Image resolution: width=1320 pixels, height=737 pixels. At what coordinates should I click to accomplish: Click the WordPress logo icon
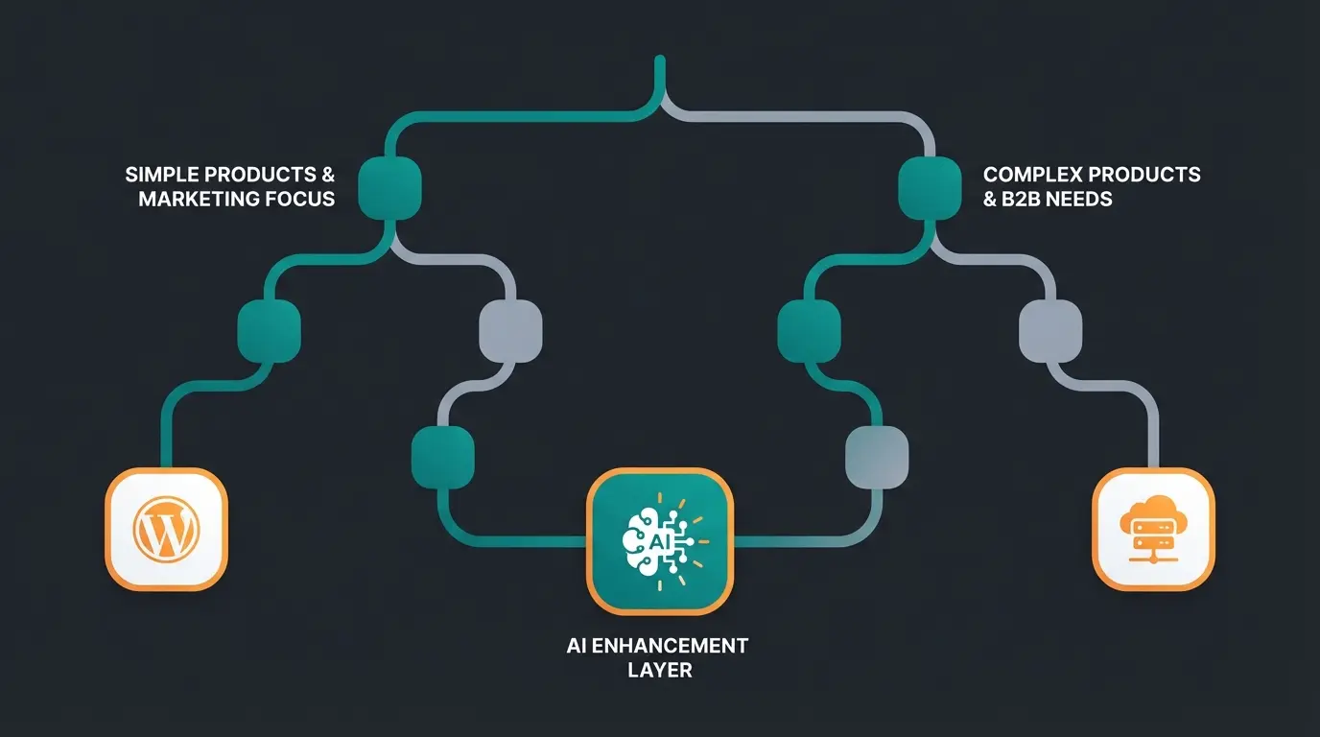coord(166,529)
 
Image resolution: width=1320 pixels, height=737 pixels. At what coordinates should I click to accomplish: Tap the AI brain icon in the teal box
coord(659,540)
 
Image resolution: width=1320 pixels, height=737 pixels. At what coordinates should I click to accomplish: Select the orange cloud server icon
coord(1153,529)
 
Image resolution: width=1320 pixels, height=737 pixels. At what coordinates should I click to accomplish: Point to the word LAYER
coord(659,670)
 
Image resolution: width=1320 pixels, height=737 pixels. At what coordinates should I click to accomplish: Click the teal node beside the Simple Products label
coord(390,187)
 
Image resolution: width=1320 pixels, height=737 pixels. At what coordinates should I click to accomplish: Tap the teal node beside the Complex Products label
coord(930,187)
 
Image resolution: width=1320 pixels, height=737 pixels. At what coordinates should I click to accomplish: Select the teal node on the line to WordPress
coord(269,330)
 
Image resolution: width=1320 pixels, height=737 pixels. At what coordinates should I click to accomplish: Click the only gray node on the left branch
coord(510,330)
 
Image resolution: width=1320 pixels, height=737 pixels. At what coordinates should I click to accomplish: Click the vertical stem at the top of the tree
coord(659,77)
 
